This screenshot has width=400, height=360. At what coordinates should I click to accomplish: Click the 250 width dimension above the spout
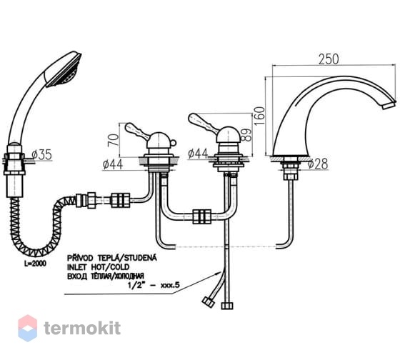tap(329, 59)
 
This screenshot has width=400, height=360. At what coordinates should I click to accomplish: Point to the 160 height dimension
tap(260, 116)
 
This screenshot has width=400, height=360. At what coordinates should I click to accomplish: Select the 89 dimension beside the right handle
tap(246, 135)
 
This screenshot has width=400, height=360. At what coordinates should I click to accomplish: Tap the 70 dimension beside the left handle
tap(114, 139)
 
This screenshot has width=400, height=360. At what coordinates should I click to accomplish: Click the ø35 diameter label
tap(42, 154)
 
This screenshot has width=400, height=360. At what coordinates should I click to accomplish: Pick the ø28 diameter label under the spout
tap(318, 164)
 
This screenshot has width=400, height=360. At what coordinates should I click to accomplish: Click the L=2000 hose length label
tap(35, 264)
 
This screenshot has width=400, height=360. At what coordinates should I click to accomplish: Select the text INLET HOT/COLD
tap(98, 267)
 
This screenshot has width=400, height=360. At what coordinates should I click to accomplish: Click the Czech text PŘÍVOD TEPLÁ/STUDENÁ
tap(111, 258)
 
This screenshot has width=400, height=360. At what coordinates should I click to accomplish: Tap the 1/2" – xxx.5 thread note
tap(154, 285)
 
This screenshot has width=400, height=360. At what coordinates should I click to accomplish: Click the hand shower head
tap(63, 69)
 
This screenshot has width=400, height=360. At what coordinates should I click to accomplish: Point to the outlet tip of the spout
tap(389, 105)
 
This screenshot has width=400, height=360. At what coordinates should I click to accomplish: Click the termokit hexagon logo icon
tap(28, 328)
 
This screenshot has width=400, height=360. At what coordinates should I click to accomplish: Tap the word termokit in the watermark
tap(82, 328)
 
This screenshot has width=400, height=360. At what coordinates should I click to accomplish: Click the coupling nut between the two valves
tap(201, 216)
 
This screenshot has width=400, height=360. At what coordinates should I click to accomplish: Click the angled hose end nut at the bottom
tap(209, 302)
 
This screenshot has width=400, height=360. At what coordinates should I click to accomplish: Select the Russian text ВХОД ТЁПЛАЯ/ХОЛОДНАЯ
tap(106, 276)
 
